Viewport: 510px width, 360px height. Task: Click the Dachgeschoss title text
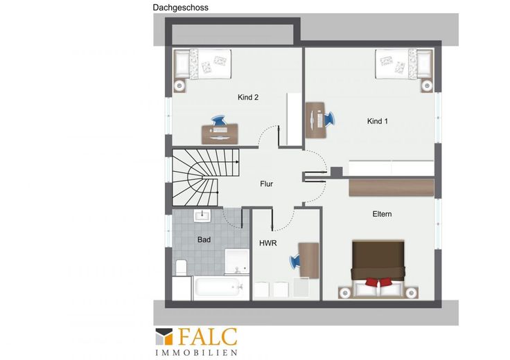pos(181,8)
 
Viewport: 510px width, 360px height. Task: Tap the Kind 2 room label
pos(248,97)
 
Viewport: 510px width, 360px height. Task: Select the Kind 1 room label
pos(377,121)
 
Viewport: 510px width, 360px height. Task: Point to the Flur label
pos(266,184)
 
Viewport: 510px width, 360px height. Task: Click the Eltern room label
pos(382,214)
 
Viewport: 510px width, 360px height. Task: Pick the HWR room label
pos(268,243)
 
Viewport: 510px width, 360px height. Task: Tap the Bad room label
pos(204,240)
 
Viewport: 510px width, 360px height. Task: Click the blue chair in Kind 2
pos(219,120)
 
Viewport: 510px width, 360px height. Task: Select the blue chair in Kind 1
pos(329,119)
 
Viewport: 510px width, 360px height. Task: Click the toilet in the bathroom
pos(181,267)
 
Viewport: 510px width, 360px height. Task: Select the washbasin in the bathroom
pos(202,215)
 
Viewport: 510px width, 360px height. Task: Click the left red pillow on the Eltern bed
pos(372,281)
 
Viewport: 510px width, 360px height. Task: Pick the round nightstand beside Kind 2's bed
pos(179,86)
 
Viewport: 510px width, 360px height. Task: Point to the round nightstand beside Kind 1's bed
pos(427,86)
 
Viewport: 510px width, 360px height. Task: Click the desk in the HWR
pos(308,260)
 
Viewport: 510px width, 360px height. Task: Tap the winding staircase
pos(205,177)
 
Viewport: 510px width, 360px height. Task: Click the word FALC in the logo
pos(208,337)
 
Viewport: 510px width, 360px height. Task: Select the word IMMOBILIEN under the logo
pos(196,352)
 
